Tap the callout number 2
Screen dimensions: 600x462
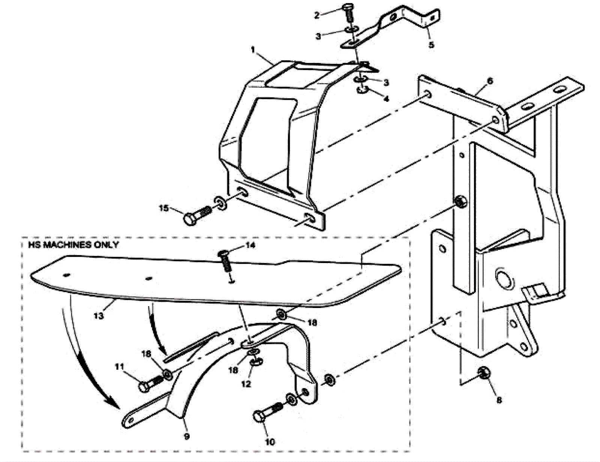pos(317,15)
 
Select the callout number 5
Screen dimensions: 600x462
pos(431,45)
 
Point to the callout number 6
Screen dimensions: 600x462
pos(490,81)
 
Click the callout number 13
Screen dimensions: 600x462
pos(99,316)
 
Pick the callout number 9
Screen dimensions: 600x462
pos(187,437)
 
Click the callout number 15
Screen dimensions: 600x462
pos(164,208)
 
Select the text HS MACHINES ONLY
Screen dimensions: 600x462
pos(73,245)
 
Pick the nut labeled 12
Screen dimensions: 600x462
pos(256,361)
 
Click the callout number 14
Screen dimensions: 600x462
pos(250,245)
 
